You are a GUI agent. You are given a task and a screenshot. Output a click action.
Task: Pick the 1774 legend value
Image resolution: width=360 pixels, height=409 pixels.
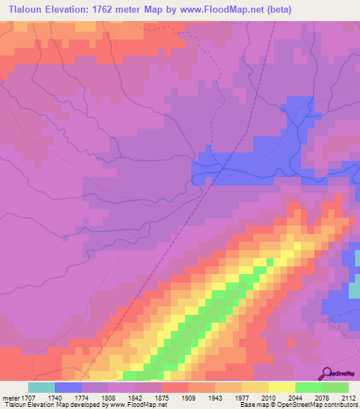coord(95,398)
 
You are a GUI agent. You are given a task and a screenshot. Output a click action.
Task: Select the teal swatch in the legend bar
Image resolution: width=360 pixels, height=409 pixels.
coord(41,387)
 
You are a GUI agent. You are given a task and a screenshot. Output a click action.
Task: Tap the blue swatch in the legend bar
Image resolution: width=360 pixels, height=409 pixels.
coord(68,387)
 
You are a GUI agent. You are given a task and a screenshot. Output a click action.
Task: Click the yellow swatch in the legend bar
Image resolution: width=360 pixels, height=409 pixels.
coord(281,387)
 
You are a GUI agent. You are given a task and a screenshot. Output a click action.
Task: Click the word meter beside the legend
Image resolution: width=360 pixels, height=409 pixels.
coord(10,398)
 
